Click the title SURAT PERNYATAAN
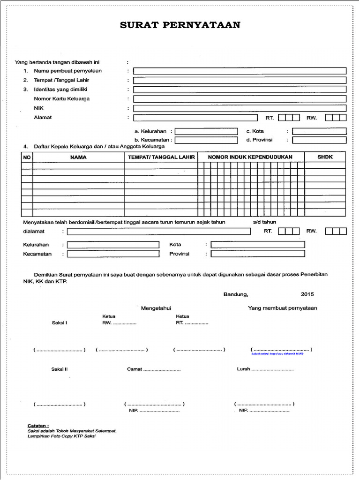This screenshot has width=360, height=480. [x=180, y=25]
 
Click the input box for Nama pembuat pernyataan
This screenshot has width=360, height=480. [x=240, y=71]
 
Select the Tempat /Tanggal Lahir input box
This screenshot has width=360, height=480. [x=240, y=80]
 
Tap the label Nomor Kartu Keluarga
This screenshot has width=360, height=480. [x=61, y=99]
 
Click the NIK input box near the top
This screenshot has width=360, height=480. [x=240, y=108]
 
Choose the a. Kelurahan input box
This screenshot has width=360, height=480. [x=206, y=131]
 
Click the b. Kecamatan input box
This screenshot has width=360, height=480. [x=206, y=140]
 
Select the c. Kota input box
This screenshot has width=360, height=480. [x=319, y=131]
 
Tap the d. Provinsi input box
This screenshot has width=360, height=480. [x=319, y=140]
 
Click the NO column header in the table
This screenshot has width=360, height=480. [x=27, y=157]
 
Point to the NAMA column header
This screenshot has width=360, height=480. [x=78, y=157]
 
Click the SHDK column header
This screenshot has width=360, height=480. [x=325, y=157]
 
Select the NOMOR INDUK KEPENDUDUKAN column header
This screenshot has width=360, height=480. [x=250, y=157]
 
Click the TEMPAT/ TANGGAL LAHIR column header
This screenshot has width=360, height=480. [x=161, y=157]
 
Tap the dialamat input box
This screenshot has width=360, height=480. [x=158, y=231]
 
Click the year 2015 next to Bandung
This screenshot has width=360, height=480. [x=308, y=294]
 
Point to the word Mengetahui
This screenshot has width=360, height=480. [x=156, y=308]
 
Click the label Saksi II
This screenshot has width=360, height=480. [x=60, y=369]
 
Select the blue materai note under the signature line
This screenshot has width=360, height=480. [x=277, y=354]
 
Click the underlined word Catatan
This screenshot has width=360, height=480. [x=38, y=426]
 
